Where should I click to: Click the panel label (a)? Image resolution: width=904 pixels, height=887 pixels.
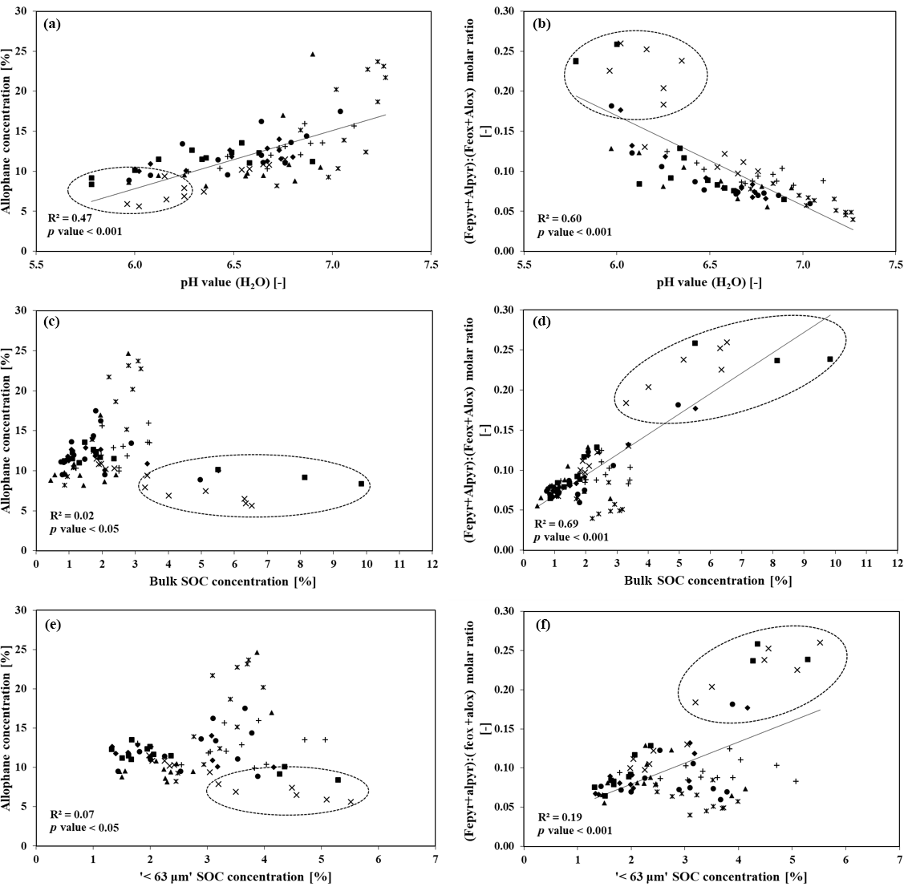point(53,24)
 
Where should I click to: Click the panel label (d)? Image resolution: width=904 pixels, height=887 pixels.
point(542,324)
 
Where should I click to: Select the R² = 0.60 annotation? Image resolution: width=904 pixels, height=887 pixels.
point(558,218)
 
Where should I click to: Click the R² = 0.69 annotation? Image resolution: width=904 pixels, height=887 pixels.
point(558,523)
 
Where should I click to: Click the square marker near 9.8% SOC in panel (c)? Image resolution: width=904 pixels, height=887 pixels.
point(361,484)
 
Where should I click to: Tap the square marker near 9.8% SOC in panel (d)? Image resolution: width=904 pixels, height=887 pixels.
point(830,358)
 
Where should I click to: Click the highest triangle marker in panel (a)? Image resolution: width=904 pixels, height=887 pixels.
point(313,55)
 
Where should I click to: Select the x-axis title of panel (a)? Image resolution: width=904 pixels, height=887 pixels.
point(233,282)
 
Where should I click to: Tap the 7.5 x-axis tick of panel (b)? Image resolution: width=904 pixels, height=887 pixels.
point(896,263)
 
